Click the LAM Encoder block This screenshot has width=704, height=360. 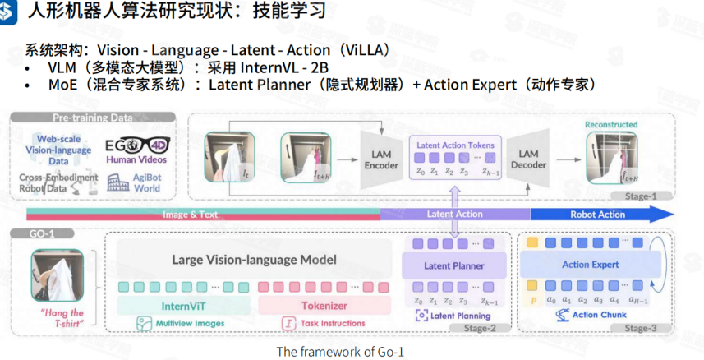[380, 159]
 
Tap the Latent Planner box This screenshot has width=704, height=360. [453, 265]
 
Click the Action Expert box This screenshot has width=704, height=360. [592, 265]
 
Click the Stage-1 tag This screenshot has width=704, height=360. [640, 196]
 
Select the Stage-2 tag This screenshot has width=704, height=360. [485, 328]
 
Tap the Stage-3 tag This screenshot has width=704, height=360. [646, 328]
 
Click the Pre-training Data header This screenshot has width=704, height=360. [93, 118]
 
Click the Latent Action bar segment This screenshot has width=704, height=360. [454, 215]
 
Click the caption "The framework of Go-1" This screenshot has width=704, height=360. [340, 351]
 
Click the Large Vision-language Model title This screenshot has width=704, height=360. [254, 260]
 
